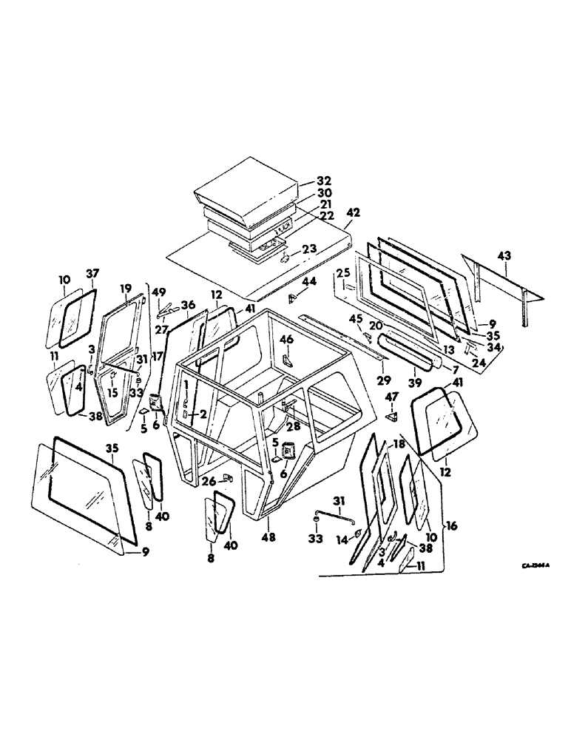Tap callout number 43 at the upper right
coord(504,255)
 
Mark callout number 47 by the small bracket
coord(391,397)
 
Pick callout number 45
coord(356,319)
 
